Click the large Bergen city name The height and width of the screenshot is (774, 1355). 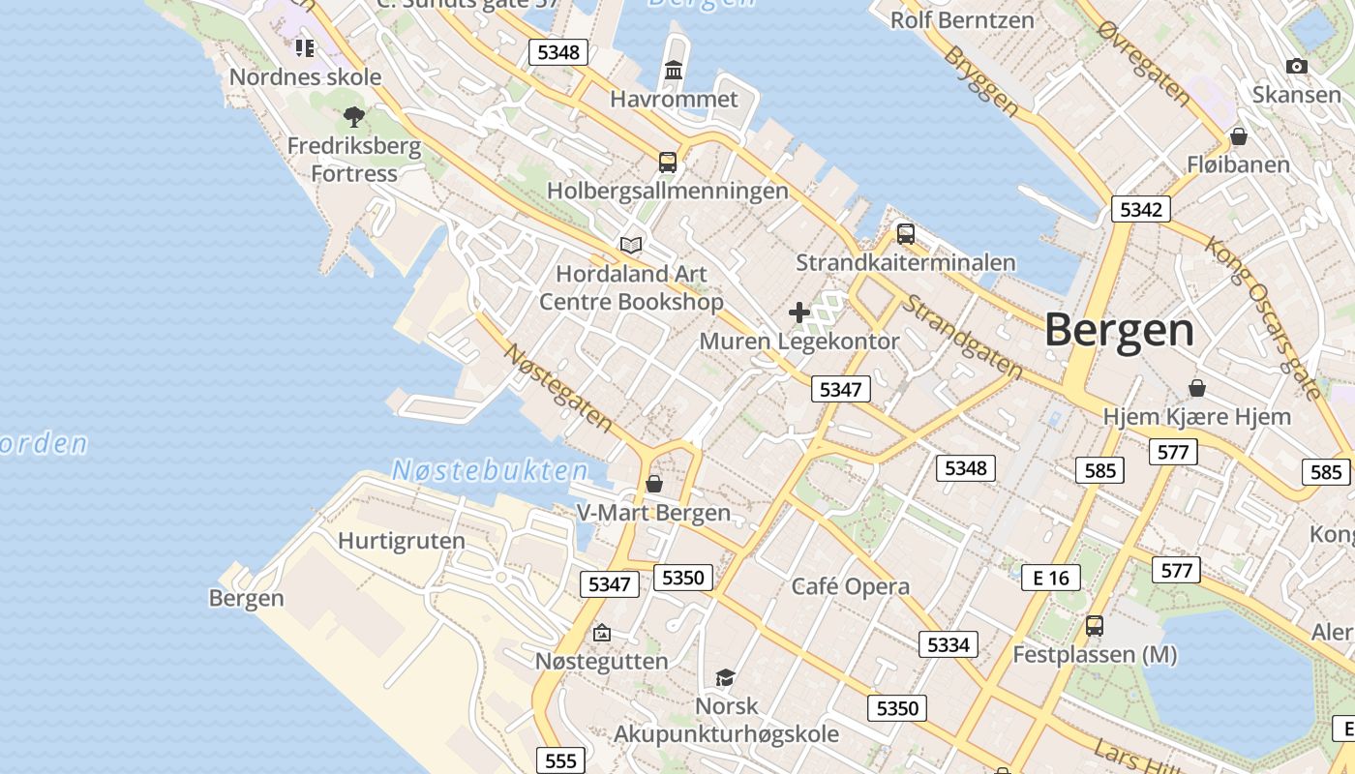point(1119,331)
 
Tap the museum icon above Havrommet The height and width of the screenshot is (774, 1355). point(674,71)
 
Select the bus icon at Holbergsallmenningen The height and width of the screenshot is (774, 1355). point(668,162)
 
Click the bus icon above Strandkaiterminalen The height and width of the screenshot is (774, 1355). point(906,233)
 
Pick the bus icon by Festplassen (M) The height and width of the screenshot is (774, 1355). point(1095,626)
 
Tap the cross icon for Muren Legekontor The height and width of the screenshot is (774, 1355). point(798,313)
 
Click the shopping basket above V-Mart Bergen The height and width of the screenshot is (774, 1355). point(654,483)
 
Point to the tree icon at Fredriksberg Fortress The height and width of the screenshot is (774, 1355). point(354,118)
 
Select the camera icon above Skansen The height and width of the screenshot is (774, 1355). point(1297,67)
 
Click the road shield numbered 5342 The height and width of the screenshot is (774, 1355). point(1141,209)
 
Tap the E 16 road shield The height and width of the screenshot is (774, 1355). point(1051,578)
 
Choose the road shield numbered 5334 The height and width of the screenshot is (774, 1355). point(948,644)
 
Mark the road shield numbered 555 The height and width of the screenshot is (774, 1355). point(560,760)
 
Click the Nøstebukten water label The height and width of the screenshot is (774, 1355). point(490,471)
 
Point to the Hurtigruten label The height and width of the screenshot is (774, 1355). point(401,541)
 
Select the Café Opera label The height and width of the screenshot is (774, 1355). point(851,586)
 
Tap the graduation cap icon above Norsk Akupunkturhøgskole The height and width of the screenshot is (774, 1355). point(725,677)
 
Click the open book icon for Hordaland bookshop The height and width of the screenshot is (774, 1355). point(631,245)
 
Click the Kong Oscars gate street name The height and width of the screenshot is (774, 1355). point(1262,315)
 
